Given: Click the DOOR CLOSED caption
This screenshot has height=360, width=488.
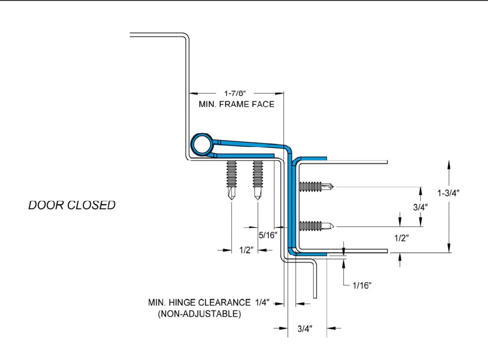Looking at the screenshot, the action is point(72,205).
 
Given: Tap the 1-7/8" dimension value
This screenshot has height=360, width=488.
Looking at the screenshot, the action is point(235,93).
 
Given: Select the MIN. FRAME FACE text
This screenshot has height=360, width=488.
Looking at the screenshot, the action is point(237,104).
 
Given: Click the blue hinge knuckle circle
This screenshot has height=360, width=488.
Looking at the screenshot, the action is point(202,145).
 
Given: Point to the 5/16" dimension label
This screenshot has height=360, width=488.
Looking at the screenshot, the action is point(268,235).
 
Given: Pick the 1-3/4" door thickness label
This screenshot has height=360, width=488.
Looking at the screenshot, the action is point(449,193).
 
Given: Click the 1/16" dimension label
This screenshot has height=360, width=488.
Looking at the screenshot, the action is point(362,286).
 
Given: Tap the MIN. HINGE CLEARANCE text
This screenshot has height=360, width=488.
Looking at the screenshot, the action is point(199,303).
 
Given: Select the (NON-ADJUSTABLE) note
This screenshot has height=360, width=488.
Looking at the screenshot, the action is point(199,314).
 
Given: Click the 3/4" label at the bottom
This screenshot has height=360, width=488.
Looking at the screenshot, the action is point(305,329).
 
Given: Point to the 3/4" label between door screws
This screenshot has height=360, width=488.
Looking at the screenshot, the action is point(420,207).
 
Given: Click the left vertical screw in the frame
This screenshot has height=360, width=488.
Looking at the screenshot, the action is point(231,180).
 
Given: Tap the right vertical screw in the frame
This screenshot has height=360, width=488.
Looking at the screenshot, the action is point(258,180).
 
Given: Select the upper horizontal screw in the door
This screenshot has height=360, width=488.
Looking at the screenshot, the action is point(317,186).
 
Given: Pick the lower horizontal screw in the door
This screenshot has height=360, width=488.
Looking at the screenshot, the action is point(317,226).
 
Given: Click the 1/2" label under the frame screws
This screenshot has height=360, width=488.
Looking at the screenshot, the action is point(246,250).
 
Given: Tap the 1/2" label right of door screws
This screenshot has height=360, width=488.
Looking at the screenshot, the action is point(402,238).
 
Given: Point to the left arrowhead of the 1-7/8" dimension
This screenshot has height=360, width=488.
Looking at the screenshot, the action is point(194,93).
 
